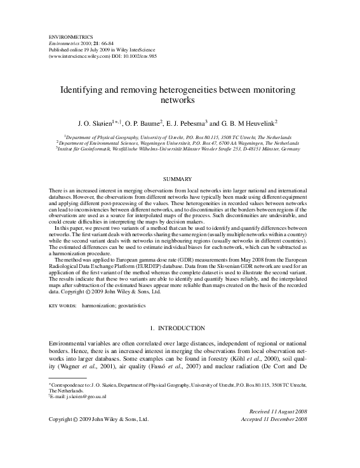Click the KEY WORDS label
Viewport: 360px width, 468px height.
pyautogui.click(x=63, y=305)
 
